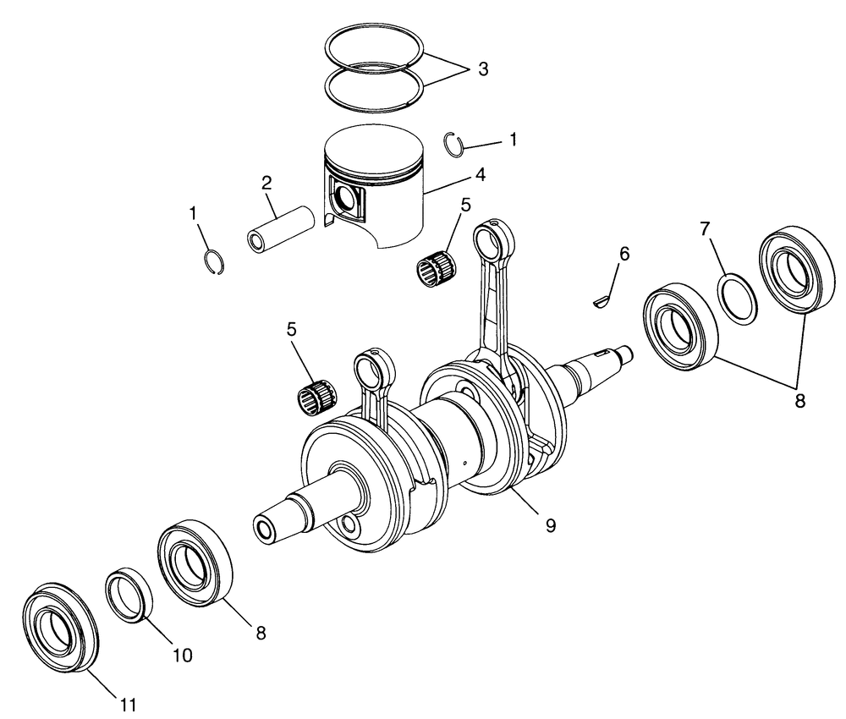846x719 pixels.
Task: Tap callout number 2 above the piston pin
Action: [x=266, y=182]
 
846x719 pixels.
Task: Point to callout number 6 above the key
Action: [x=624, y=253]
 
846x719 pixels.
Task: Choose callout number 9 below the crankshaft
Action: [x=550, y=525]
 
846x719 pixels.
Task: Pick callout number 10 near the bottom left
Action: [x=183, y=655]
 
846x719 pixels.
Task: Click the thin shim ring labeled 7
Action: [x=738, y=297]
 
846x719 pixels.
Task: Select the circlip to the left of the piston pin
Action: [x=217, y=262]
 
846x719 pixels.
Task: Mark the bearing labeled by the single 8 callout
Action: [x=196, y=563]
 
